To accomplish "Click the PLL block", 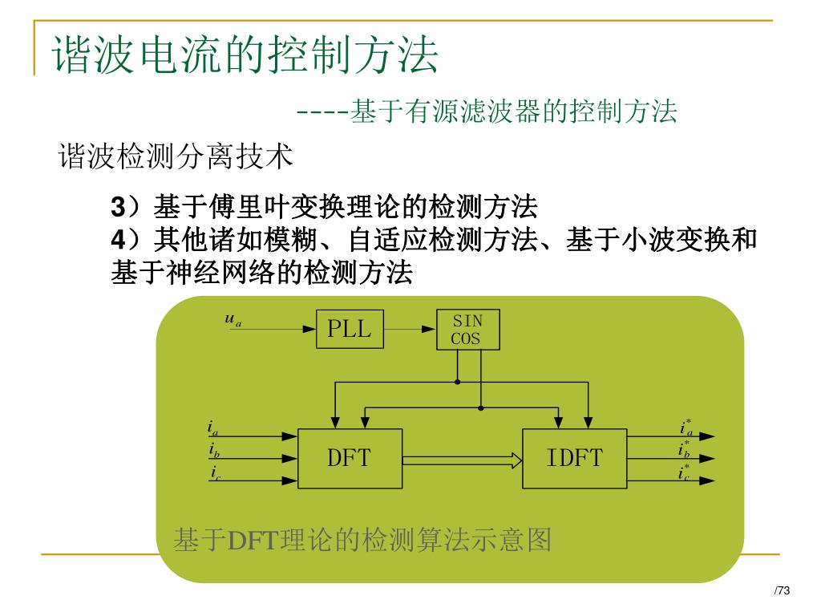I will pos(350,329).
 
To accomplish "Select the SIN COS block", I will pos(467,330).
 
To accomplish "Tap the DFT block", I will pos(350,458).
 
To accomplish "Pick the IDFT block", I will pos(574,458).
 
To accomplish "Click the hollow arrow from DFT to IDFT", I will pos(462,460).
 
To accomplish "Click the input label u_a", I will pos(233,319).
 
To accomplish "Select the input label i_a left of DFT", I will pos(212,428).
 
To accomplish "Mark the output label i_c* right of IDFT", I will pos(685,473).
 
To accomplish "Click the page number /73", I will pos(782,591).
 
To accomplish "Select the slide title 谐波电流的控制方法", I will pos(245,55).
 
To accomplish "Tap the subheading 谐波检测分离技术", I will pos(176,156).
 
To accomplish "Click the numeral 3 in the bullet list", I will pos(117,209).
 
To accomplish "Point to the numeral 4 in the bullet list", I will pos(117,240).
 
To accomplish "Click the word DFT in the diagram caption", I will pos(253,541).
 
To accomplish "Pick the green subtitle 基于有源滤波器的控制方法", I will pos(513,111).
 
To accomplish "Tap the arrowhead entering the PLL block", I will pos(309,329).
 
